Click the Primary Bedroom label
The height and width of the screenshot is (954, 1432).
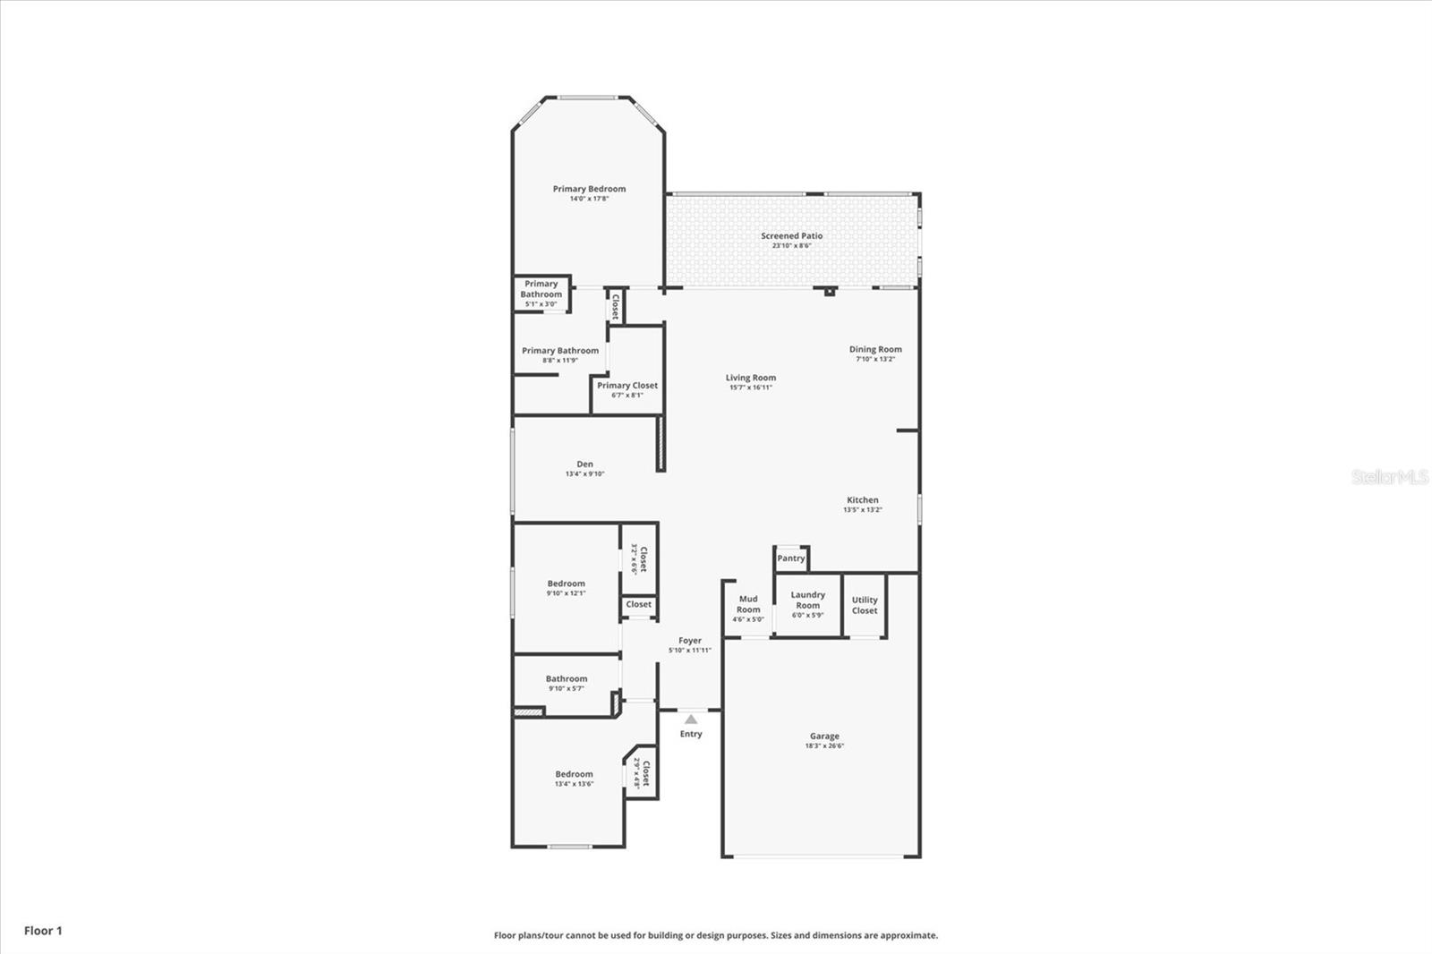click(589, 189)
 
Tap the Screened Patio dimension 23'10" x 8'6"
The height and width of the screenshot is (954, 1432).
click(791, 245)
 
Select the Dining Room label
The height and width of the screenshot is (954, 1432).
click(875, 350)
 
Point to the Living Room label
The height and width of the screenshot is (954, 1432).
click(750, 378)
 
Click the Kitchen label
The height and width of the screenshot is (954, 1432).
click(863, 500)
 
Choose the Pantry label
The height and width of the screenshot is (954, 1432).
click(790, 558)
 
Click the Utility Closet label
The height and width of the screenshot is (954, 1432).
click(865, 605)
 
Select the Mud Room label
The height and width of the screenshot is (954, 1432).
click(748, 604)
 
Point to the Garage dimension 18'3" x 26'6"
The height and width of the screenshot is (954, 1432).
click(824, 745)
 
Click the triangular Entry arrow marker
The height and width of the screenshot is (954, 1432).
click(691, 719)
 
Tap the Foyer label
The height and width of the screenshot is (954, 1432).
click(689, 641)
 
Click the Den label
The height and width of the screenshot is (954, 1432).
click(584, 464)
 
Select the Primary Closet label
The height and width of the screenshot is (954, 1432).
click(627, 386)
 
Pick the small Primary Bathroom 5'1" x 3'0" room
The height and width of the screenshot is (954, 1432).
click(541, 293)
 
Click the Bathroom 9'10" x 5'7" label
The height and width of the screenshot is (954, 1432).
click(567, 679)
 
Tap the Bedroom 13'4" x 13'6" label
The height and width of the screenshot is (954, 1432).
click(574, 775)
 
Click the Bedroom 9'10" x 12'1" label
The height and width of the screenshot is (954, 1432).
click(567, 583)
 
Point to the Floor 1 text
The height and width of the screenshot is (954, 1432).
click(43, 931)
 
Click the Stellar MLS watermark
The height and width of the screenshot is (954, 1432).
click(1389, 477)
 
